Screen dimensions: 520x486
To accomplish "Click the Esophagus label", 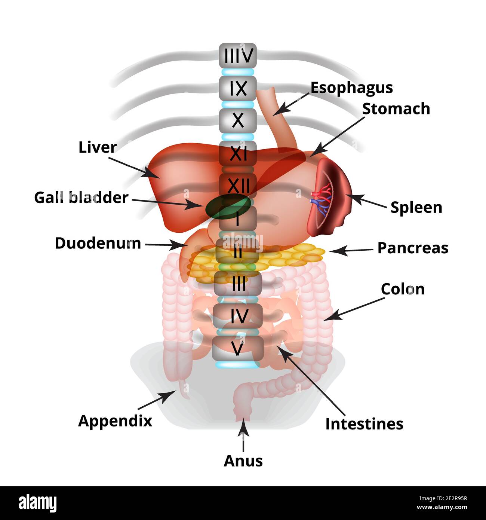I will point(351,88).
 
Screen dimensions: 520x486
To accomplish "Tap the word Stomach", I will point(396,109).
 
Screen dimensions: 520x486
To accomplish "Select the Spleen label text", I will point(416,207).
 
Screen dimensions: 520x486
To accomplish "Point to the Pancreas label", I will point(412,248).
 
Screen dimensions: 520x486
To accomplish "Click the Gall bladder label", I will point(81,198).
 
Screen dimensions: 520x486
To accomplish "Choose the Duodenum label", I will point(98,243).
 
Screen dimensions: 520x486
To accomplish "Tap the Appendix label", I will point(115,421).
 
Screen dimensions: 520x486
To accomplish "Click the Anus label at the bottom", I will point(243,461).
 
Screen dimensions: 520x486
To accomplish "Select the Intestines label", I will point(364,424).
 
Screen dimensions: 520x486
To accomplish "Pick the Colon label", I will point(403,289).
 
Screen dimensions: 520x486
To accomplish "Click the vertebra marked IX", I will point(238,88).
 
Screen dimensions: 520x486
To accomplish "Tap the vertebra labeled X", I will point(238,120).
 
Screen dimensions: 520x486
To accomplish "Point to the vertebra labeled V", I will point(238,348).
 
